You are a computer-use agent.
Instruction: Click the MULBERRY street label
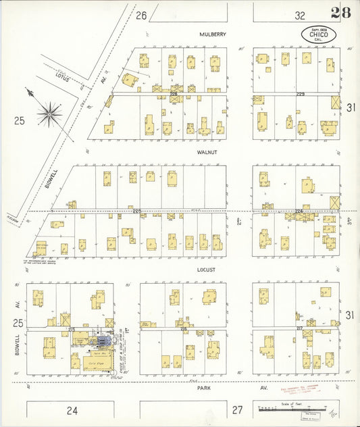(x=212, y=34)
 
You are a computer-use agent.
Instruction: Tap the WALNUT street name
(x=207, y=153)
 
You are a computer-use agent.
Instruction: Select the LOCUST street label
(x=207, y=270)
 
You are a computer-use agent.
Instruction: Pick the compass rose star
(x=49, y=114)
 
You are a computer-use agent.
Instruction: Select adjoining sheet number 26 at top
(x=140, y=15)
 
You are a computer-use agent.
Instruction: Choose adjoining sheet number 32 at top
(x=299, y=15)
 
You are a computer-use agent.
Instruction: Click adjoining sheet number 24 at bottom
(x=72, y=409)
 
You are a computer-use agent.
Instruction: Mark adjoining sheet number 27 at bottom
(x=237, y=409)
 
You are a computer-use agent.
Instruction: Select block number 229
(x=301, y=94)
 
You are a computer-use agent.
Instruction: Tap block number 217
(x=299, y=328)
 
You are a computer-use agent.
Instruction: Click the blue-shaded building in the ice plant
(x=101, y=338)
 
